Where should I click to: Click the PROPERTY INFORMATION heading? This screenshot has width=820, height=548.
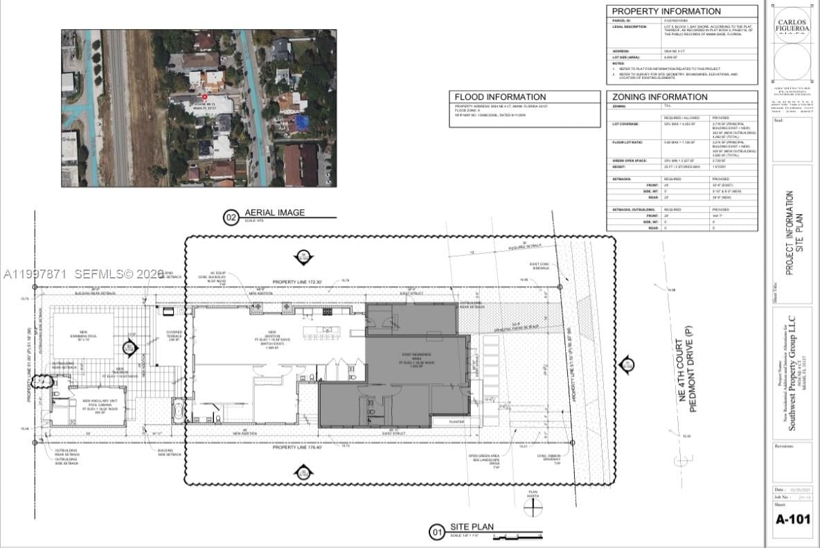pyautogui.click(x=666, y=11)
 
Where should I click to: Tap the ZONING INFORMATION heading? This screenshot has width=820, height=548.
pyautogui.click(x=659, y=97)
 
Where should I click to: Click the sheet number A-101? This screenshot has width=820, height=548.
pyautogui.click(x=792, y=519)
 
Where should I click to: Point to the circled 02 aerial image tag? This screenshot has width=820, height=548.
pyautogui.click(x=231, y=218)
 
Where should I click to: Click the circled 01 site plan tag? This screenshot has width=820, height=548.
pyautogui.click(x=436, y=532)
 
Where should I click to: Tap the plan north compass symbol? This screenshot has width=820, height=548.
pyautogui.click(x=533, y=506)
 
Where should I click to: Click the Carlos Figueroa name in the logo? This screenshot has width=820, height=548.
pyautogui.click(x=792, y=26)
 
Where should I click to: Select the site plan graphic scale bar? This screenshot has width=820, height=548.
pyautogui.click(x=512, y=536)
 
